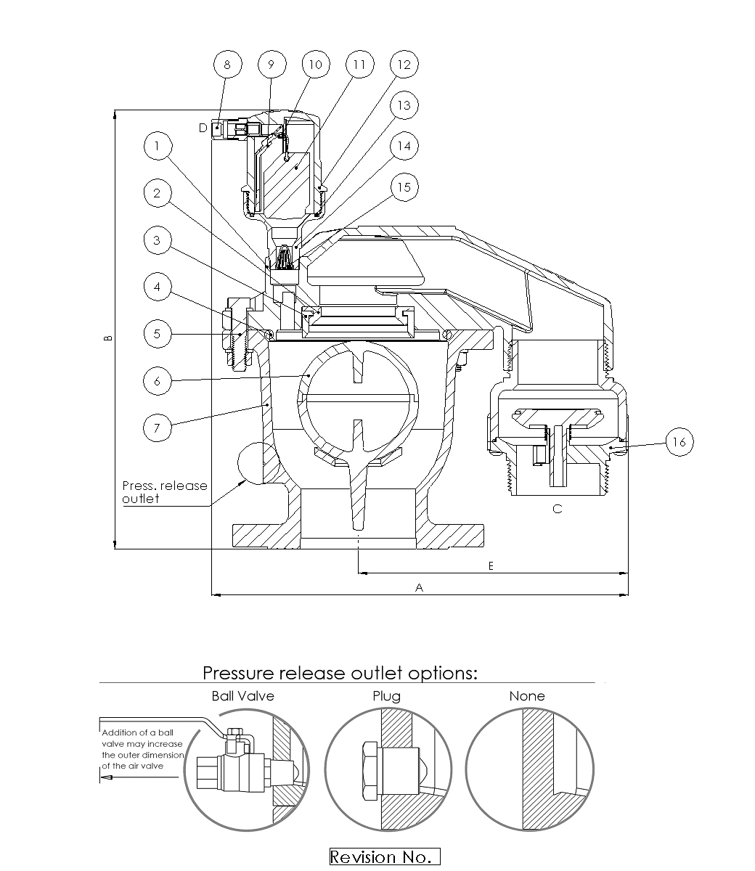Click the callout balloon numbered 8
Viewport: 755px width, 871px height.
[x=227, y=65]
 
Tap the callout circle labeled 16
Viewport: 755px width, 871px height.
[x=679, y=441]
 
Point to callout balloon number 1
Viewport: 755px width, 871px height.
[x=157, y=147]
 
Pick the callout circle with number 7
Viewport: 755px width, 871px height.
[x=157, y=428]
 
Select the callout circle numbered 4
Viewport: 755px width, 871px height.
[x=157, y=287]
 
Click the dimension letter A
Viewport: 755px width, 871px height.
[x=419, y=588]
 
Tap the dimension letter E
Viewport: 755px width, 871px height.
[x=491, y=565]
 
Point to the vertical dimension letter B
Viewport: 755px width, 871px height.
[x=107, y=338]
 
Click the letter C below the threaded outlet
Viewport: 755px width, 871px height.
[x=557, y=509]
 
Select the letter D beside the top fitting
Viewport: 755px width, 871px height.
[x=203, y=128]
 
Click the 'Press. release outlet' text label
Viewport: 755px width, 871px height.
[x=164, y=492]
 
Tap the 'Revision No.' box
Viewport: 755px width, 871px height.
[x=385, y=857]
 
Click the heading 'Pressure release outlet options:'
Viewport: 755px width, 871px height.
[x=340, y=673]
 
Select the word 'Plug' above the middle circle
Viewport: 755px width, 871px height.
[x=386, y=696]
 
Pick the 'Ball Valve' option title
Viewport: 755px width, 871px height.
[x=242, y=696]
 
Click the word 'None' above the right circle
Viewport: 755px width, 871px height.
[x=527, y=696]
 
